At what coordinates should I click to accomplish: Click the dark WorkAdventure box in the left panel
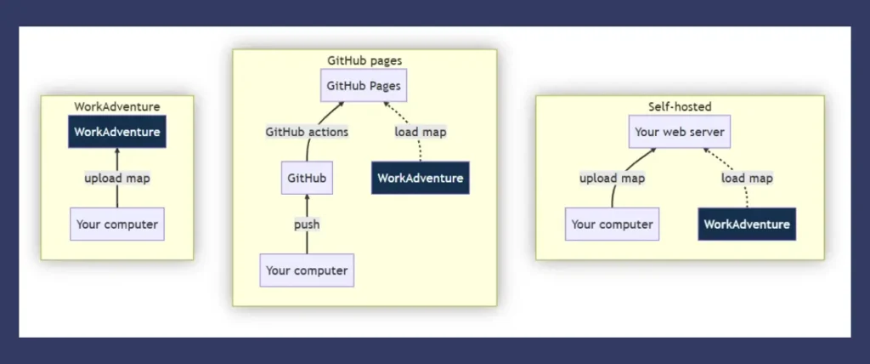[117, 132]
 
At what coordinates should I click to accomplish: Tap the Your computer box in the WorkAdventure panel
[117, 225]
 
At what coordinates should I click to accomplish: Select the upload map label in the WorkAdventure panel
[117, 179]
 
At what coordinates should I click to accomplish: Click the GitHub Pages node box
[364, 86]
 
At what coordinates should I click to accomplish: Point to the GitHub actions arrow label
[307, 132]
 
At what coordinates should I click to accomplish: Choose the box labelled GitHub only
[307, 178]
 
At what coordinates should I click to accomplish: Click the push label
[307, 225]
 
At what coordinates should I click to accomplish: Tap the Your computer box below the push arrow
[307, 270]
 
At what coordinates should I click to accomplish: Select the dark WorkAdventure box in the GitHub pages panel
[421, 178]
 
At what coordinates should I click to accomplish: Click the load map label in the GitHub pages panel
[421, 132]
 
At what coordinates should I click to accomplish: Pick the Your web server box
[680, 132]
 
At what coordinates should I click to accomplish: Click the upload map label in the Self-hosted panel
[612, 179]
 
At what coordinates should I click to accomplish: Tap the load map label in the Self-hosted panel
[747, 179]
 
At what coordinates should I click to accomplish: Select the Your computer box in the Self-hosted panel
[612, 225]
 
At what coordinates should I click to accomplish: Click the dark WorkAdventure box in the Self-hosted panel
[747, 225]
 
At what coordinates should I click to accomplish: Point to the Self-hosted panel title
[680, 106]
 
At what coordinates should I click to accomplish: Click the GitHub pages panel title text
[364, 60]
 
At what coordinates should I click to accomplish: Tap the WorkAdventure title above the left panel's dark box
[117, 106]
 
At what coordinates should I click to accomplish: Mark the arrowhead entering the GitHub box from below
[307, 197]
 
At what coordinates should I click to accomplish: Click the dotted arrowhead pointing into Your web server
[706, 151]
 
